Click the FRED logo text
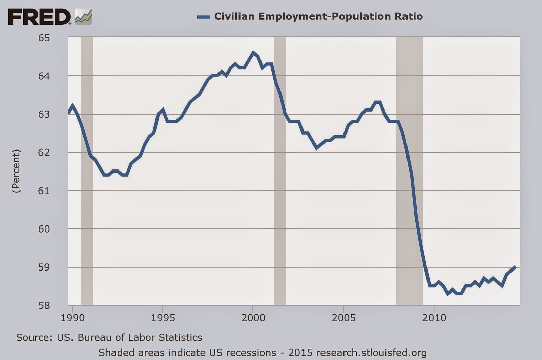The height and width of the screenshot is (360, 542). point(39,17)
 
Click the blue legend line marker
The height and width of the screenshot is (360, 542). point(204,17)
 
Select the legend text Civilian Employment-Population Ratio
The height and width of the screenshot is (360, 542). point(318,16)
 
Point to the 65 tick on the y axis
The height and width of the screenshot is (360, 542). point(44,38)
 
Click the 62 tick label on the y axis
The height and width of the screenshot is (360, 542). point(44,153)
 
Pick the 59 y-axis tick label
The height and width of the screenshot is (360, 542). point(44,267)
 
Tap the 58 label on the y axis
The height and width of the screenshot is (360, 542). point(44,305)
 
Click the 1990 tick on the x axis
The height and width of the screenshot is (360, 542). point(72,318)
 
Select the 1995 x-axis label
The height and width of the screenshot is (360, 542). point(163,318)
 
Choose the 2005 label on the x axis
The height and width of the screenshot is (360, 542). point(344,318)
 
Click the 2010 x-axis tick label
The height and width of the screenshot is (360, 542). point(434,318)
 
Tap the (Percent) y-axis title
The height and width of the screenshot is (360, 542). point(16,171)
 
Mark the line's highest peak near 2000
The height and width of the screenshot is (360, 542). point(253,52)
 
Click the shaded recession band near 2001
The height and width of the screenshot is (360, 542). point(280,169)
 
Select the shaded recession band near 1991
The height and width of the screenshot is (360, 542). point(87,169)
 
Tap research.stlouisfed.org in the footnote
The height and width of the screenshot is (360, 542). point(371,353)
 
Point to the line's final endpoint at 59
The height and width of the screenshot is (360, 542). point(515,267)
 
